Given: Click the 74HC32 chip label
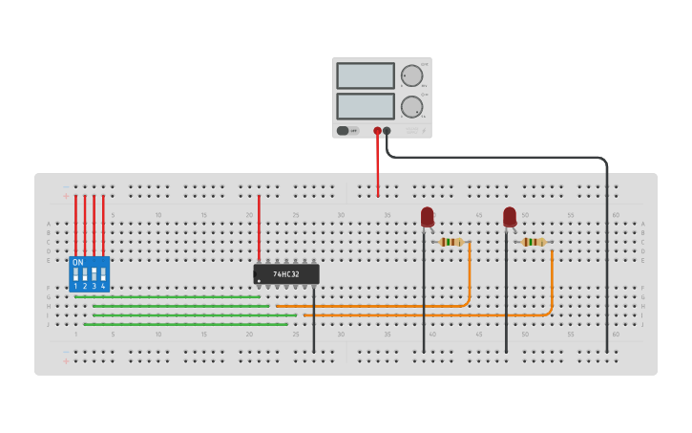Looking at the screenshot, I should [286, 274].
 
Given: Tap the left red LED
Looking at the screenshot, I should [427, 217].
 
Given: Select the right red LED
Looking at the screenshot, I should [510, 217].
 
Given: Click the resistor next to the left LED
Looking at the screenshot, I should [451, 242].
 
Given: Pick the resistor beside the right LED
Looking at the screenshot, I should [533, 242].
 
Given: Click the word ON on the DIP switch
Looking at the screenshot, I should [78, 262].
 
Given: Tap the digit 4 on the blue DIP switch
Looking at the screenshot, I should [103, 286].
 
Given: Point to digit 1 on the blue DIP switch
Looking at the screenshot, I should [75, 286].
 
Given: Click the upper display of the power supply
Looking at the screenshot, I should [365, 76].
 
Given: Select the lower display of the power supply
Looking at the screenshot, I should [365, 105].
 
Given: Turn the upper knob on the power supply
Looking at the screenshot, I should [411, 76].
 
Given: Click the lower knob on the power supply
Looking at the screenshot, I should [411, 106].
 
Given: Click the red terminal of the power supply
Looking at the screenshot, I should [378, 130].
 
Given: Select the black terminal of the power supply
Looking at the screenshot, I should [387, 130].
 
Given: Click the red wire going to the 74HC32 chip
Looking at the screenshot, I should [259, 229].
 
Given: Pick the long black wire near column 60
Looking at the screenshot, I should [606, 268].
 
